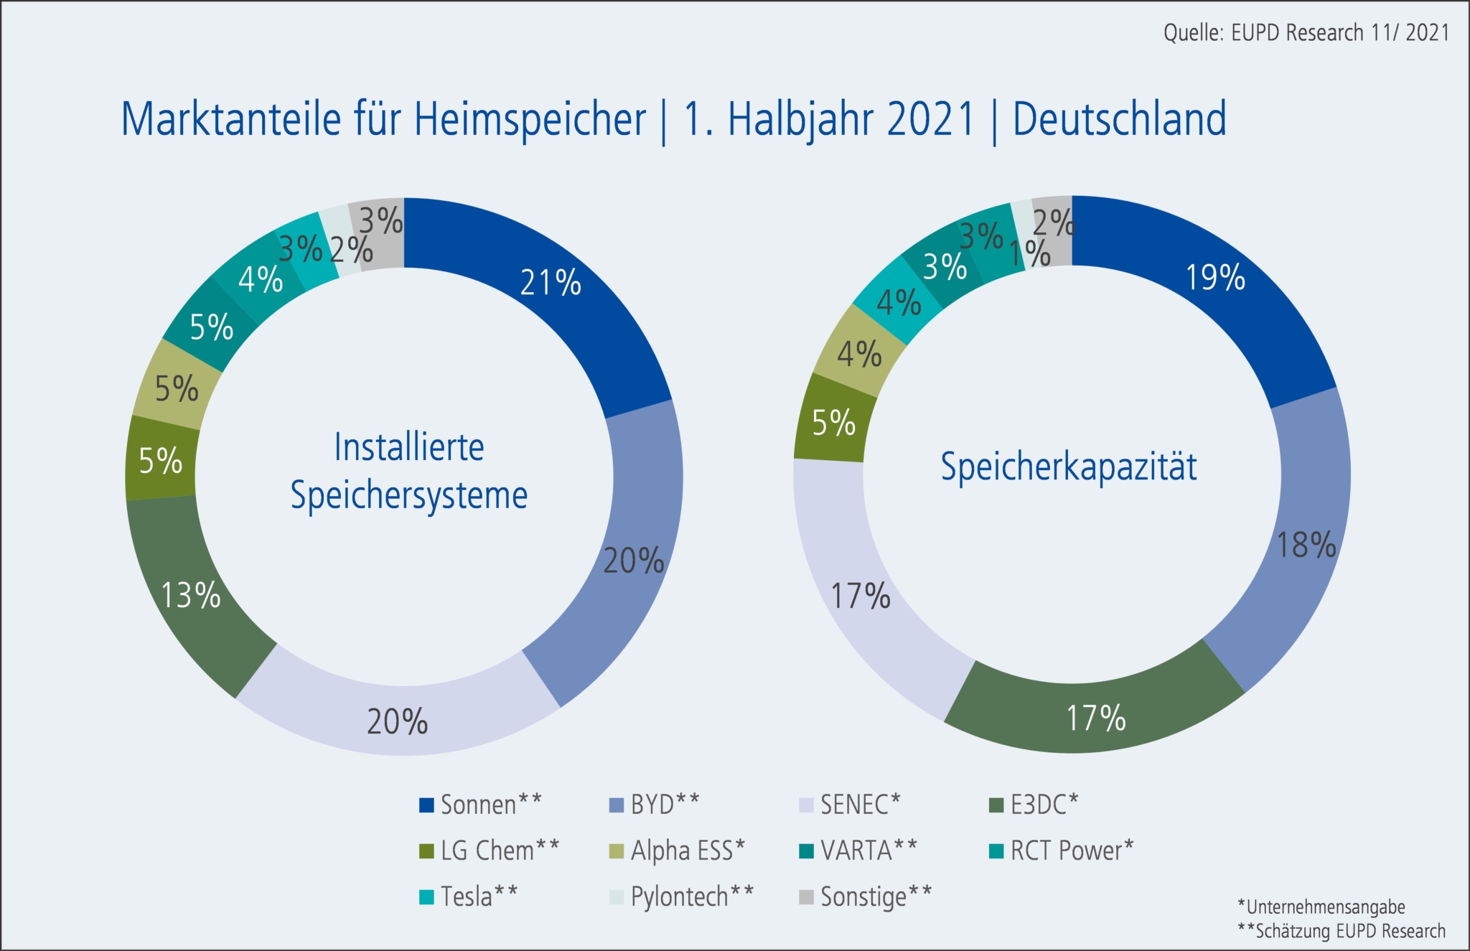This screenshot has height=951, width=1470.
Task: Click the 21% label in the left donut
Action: click(x=551, y=283)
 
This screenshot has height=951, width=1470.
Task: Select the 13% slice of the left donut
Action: click(x=190, y=595)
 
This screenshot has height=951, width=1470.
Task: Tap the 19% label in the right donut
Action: click(x=1214, y=278)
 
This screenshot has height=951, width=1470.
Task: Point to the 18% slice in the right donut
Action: click(x=1306, y=545)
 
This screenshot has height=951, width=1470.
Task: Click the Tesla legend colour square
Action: click(x=426, y=896)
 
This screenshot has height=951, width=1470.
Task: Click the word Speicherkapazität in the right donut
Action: click(x=1069, y=467)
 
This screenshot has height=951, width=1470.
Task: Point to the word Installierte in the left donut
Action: click(x=409, y=447)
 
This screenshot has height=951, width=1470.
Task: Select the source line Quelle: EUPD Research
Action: click(x=1306, y=32)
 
